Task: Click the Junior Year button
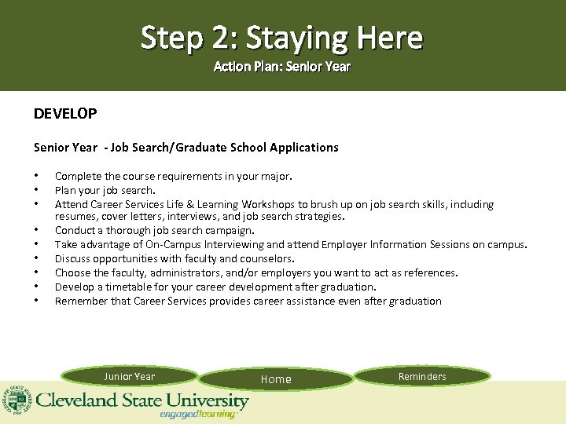130,377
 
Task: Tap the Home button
276,379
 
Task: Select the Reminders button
422,377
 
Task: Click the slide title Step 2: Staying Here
282,37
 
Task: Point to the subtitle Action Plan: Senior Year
282,67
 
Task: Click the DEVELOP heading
65,114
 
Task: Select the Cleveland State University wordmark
141,401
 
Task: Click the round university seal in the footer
15,400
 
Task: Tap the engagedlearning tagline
197,415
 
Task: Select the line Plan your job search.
105,190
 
